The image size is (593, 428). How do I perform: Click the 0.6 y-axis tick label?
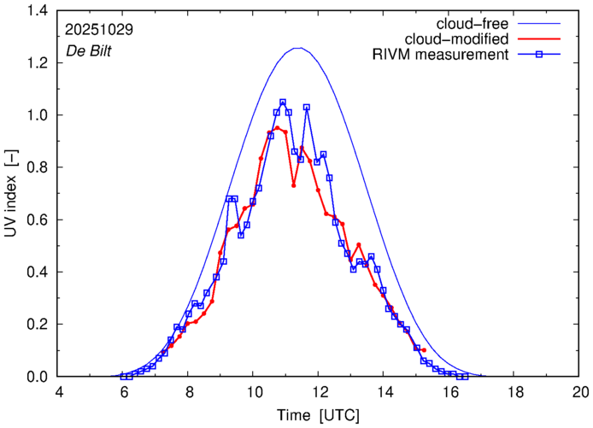[38, 220]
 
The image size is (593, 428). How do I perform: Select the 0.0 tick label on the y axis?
[38, 377]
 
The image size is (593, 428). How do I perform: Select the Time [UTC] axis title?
[320, 414]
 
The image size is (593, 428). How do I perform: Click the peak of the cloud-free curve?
[297, 48]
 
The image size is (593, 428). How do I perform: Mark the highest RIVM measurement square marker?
[283, 102]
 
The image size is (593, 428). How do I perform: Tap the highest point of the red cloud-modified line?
[277, 128]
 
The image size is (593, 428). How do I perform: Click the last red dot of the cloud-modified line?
[424, 350]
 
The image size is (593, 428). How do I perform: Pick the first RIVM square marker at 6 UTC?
[124, 377]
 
